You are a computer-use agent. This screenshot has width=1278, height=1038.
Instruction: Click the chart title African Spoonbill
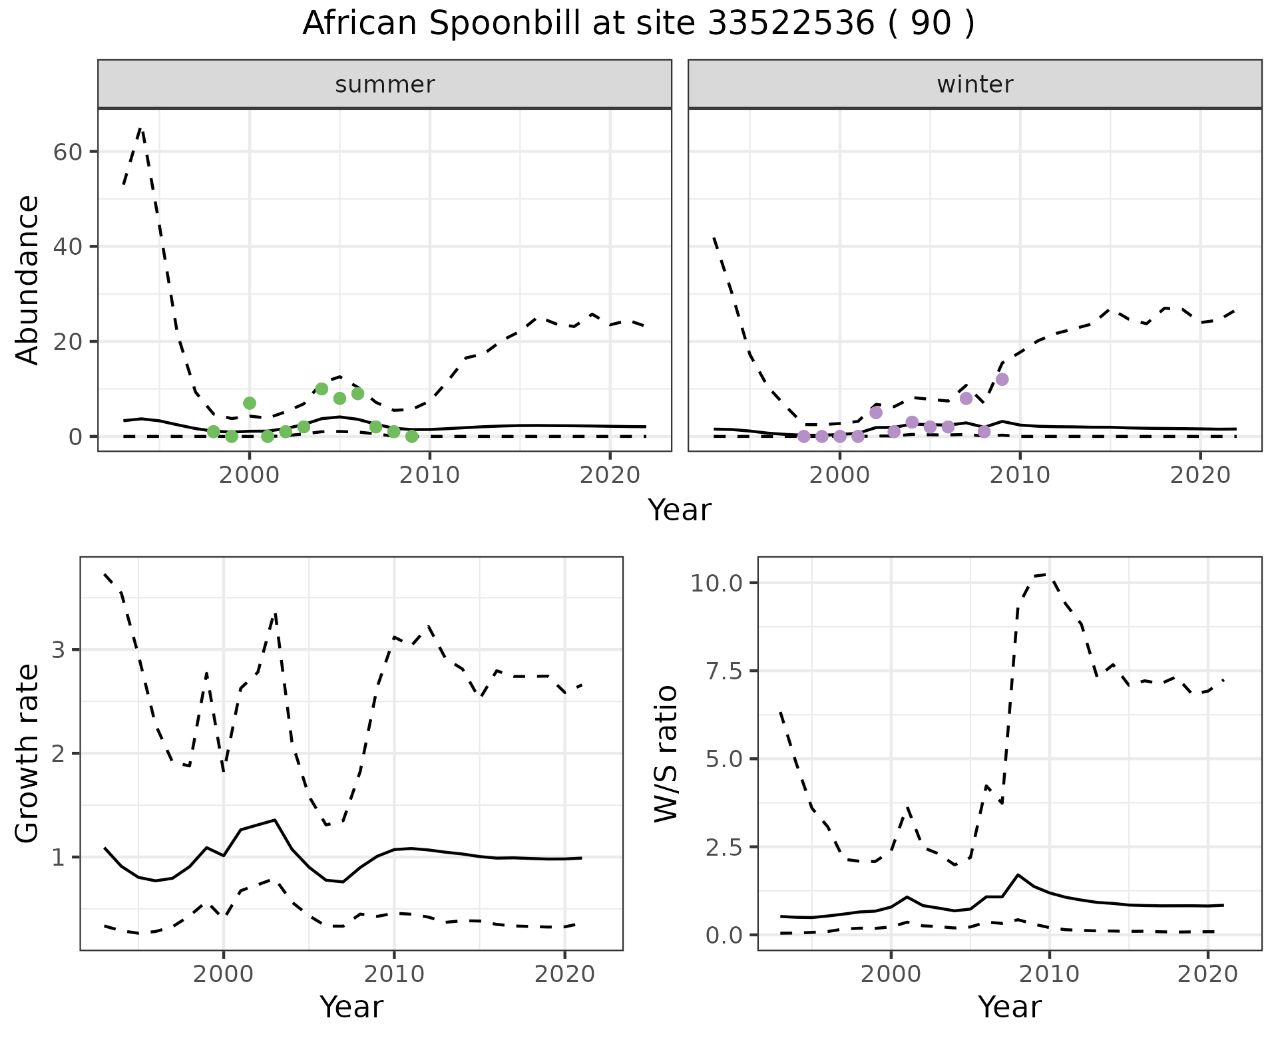638,24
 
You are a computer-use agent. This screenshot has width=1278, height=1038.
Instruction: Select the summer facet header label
385,85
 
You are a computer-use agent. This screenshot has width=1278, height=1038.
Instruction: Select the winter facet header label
974,85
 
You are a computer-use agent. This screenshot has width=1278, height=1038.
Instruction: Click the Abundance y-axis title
28,280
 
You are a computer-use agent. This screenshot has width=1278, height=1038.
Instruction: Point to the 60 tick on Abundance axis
67,152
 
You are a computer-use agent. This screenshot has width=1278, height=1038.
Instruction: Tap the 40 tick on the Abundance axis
67,247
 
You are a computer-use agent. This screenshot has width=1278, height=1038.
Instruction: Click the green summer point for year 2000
250,403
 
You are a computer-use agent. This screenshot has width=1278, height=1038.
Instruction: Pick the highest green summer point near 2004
321,389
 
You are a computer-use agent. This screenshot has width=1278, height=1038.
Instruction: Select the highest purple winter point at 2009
1002,379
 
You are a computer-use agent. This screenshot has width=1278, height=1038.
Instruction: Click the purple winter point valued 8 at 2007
966,399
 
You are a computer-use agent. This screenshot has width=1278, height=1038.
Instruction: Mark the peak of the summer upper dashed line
140,128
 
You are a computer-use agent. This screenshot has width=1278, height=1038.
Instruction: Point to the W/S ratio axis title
666,754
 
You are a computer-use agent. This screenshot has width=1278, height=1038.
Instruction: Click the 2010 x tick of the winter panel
1020,475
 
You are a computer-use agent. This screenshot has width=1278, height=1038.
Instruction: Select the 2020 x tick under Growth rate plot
564,975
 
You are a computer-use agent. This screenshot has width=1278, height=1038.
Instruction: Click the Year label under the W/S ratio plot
1009,1007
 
